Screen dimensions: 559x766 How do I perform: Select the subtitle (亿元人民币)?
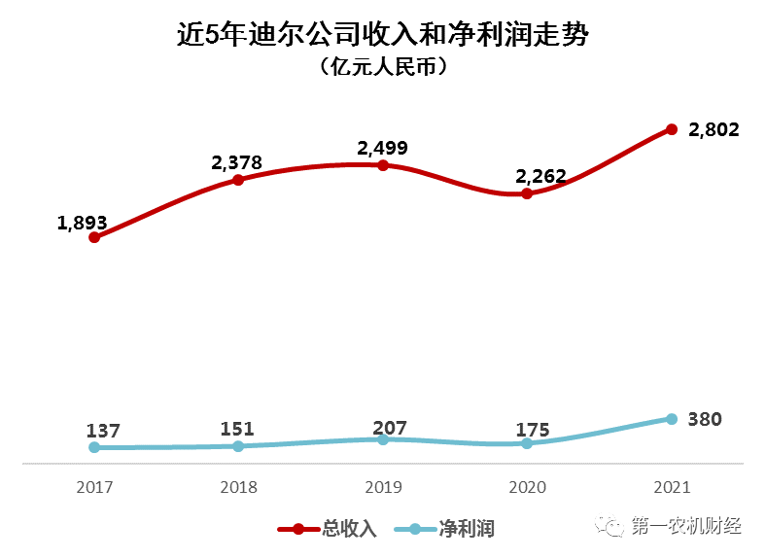(x=383, y=68)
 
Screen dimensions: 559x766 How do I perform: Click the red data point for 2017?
(x=94, y=236)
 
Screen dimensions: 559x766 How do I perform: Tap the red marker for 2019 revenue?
(x=383, y=165)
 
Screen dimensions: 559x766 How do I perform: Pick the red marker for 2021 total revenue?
(x=671, y=129)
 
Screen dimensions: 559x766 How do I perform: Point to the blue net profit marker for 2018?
(x=238, y=446)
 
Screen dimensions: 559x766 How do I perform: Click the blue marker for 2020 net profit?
(x=527, y=443)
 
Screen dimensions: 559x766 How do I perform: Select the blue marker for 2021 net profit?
(x=671, y=419)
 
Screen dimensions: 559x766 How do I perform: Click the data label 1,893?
(x=82, y=222)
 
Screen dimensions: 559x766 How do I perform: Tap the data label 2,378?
(x=237, y=162)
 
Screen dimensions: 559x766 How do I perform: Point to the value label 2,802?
(x=714, y=129)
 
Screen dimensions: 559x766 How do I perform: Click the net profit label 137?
(x=102, y=431)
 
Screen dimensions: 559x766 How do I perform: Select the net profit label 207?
(x=389, y=428)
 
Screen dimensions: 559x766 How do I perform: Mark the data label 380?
(x=705, y=420)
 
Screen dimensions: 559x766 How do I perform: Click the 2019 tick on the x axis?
(x=383, y=486)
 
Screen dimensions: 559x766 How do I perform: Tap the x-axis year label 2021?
(x=671, y=486)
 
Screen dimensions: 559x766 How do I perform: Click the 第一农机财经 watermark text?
(x=686, y=526)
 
